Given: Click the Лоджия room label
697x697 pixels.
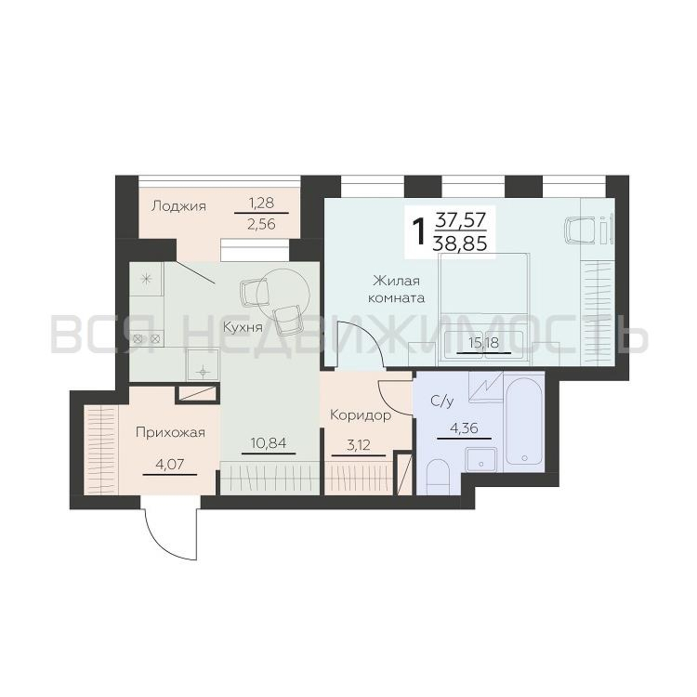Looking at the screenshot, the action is tap(178, 207).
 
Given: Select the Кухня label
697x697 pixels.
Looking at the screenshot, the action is tap(243, 328).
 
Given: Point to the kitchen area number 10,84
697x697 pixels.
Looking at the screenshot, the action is tap(268, 443).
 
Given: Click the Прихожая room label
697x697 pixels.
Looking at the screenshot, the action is tap(170, 432).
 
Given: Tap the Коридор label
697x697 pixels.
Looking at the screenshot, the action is tap(360, 416).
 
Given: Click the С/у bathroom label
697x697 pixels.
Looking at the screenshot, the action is tap(442, 401).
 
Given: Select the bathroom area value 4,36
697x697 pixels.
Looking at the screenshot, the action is tap(464, 428).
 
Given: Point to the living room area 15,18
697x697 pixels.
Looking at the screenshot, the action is tap(483, 342).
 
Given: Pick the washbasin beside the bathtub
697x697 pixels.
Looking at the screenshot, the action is tap(481, 459).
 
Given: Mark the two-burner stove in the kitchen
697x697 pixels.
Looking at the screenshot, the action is tap(146, 338).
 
